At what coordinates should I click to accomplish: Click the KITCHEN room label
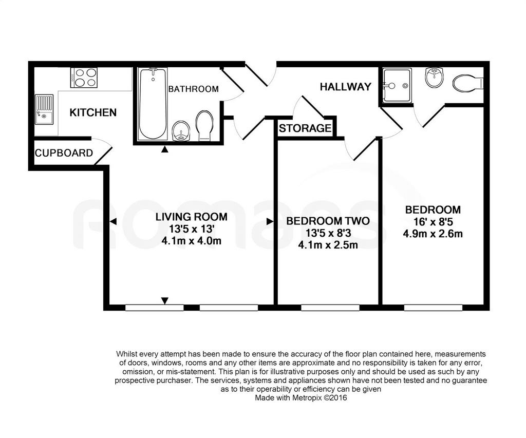point(93,112)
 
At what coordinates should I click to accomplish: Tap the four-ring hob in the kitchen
point(84,78)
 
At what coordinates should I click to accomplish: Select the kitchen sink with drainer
point(44,109)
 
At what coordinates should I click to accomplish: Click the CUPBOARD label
point(64,153)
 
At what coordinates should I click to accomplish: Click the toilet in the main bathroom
point(204,126)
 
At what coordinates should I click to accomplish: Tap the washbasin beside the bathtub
point(181,131)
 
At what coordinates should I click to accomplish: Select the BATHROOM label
point(193,89)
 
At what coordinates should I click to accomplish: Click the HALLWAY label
point(346,87)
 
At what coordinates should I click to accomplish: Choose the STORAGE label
point(305,128)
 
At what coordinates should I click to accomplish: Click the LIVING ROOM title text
point(191,217)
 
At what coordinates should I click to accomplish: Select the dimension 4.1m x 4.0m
point(191,241)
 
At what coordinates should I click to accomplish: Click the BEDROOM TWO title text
point(328,221)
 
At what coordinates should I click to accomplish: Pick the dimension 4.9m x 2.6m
point(433,234)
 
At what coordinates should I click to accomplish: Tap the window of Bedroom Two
point(330,308)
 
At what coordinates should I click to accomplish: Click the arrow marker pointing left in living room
point(114,221)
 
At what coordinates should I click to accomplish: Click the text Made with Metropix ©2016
point(301,398)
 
